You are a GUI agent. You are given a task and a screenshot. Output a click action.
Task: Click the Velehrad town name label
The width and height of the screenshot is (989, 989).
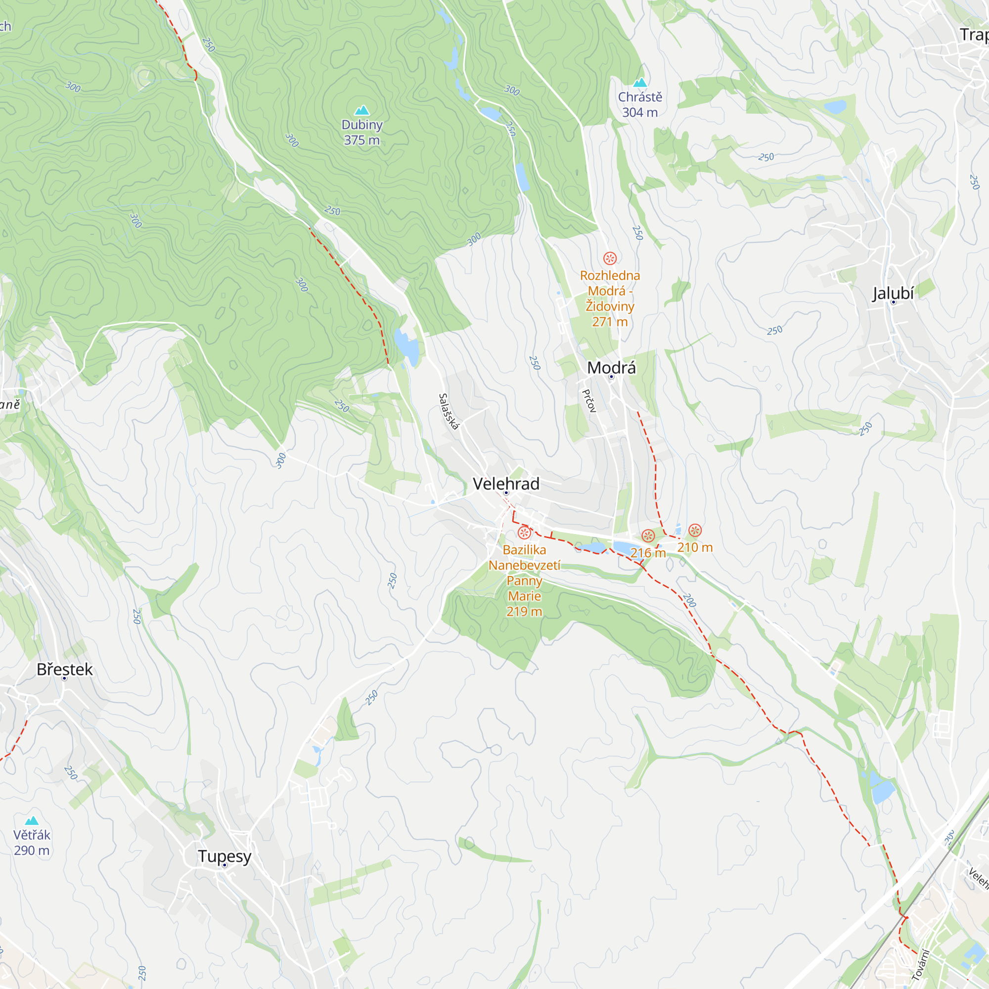tap(506, 483)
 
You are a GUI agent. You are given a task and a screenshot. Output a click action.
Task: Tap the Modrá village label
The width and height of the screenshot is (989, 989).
tap(611, 367)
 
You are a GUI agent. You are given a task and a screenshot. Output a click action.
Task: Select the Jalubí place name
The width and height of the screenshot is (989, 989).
tap(893, 293)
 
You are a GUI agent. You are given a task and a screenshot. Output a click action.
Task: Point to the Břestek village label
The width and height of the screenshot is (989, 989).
tap(64, 669)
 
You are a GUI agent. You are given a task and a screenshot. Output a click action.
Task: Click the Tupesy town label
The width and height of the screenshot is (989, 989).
tap(224, 856)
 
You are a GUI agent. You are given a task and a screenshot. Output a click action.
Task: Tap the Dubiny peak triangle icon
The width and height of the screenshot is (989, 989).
tap(362, 110)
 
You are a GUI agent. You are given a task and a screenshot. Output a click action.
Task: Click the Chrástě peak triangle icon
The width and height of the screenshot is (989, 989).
tap(640, 83)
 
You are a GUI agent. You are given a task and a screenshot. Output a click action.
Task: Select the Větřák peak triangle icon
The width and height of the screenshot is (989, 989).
tap(32, 820)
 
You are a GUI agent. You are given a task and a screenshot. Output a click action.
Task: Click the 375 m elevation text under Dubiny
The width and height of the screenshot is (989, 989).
tap(361, 140)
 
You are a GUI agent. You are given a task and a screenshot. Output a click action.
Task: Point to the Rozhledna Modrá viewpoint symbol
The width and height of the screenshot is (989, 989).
tap(610, 258)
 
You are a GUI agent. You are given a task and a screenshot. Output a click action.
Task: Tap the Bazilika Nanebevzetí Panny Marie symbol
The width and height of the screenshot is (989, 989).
tap(524, 533)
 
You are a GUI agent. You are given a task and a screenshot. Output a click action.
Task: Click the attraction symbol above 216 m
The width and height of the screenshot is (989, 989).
tap(648, 536)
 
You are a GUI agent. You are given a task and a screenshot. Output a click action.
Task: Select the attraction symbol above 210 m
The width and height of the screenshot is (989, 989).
tap(695, 530)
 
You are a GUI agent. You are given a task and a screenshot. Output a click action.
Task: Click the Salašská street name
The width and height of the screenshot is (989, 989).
tap(449, 411)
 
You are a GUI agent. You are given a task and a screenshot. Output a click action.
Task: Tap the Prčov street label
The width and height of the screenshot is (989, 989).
tap(590, 401)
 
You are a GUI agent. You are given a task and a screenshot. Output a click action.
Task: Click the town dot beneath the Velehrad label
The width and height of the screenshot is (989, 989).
tap(506, 493)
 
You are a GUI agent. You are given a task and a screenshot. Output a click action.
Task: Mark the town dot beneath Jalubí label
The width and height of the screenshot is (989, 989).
tap(893, 302)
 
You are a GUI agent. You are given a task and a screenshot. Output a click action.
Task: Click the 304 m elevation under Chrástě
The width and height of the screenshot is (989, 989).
tap(640, 112)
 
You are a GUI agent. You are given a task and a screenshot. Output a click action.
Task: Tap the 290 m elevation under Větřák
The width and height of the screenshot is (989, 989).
tap(32, 850)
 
